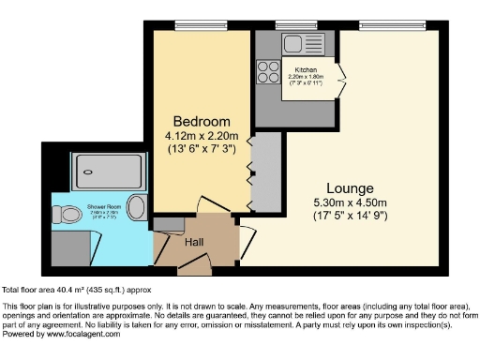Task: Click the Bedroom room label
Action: pyautogui.click(x=202, y=122)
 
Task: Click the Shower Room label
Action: pyautogui.click(x=103, y=206)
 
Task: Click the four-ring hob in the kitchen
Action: pyautogui.click(x=266, y=73)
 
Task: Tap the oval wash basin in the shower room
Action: pyautogui.click(x=137, y=207)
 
